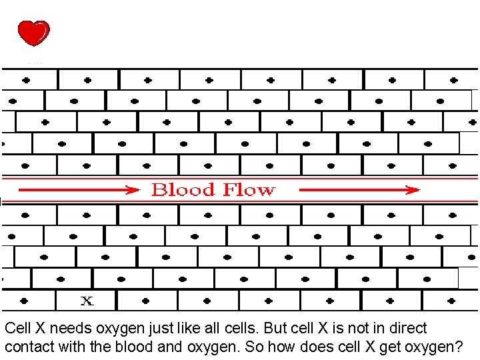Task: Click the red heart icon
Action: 33,33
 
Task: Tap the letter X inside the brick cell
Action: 87,301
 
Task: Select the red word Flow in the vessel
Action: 248,190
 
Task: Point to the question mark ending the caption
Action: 460,347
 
